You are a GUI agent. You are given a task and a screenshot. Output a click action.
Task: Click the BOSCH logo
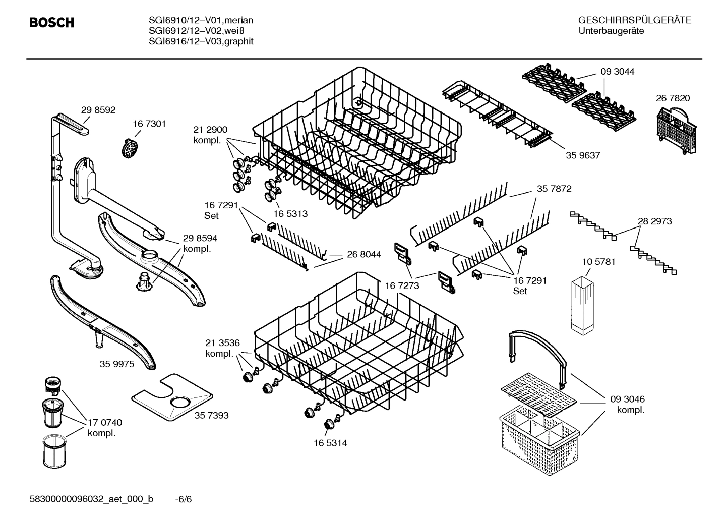(x=51, y=23)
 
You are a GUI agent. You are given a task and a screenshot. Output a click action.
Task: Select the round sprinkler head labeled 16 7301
(x=131, y=148)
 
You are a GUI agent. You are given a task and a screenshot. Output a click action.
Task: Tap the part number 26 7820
(x=673, y=98)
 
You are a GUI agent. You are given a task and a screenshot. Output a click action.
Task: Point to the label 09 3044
(x=617, y=72)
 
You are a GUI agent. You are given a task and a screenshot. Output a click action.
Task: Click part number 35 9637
(x=583, y=155)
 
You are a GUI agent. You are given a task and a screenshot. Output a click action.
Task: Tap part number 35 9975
(x=117, y=364)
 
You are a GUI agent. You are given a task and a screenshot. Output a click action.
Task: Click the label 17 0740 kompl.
(x=105, y=428)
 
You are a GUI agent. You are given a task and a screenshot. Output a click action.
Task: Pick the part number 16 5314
(x=330, y=443)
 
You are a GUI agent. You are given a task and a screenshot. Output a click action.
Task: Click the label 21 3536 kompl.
(x=222, y=348)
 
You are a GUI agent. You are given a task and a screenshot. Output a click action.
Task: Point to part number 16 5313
(x=290, y=214)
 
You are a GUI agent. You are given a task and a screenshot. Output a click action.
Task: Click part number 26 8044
(x=364, y=255)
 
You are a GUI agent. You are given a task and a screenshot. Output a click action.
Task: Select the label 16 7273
(x=402, y=286)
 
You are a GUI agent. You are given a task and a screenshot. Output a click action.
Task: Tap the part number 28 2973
(x=654, y=221)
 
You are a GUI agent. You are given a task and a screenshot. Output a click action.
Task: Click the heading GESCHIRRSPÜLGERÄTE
(x=634, y=21)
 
